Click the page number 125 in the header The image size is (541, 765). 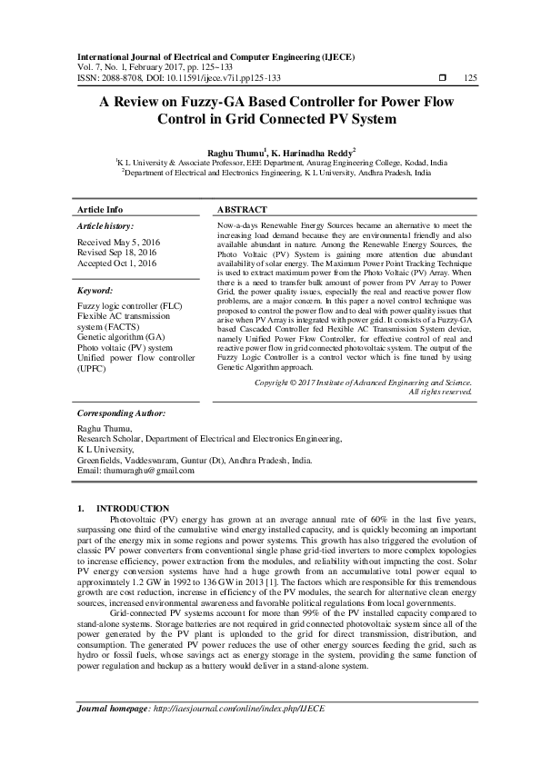point(470,78)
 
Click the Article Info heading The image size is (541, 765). point(100,209)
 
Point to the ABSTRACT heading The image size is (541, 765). point(242,209)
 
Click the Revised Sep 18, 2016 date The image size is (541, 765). point(118,253)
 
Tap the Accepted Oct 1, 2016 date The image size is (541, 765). point(117,263)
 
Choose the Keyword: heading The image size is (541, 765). point(95,290)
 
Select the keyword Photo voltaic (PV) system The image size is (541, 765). point(125,347)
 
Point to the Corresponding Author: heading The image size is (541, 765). point(120,412)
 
